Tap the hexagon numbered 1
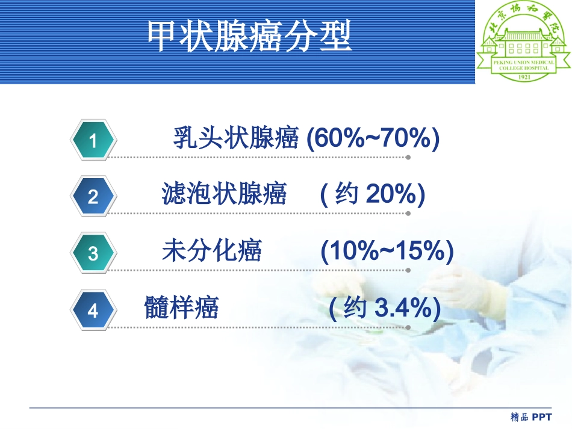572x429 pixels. pyautogui.click(x=93, y=141)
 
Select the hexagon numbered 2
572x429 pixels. pyautogui.click(x=93, y=196)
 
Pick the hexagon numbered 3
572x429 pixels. pyautogui.click(x=93, y=253)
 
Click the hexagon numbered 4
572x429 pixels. pyautogui.click(x=93, y=310)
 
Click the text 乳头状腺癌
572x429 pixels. pyautogui.click(x=236, y=139)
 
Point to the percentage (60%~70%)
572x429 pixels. pyautogui.click(x=373, y=139)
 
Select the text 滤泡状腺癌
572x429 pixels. pyautogui.click(x=224, y=195)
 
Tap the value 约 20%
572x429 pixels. pyautogui.click(x=373, y=195)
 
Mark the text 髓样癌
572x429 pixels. pyautogui.click(x=181, y=309)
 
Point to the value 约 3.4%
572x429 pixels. pyautogui.click(x=385, y=309)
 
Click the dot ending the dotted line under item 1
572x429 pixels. pyautogui.click(x=408, y=158)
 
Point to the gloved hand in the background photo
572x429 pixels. pyautogui.click(x=458, y=283)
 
